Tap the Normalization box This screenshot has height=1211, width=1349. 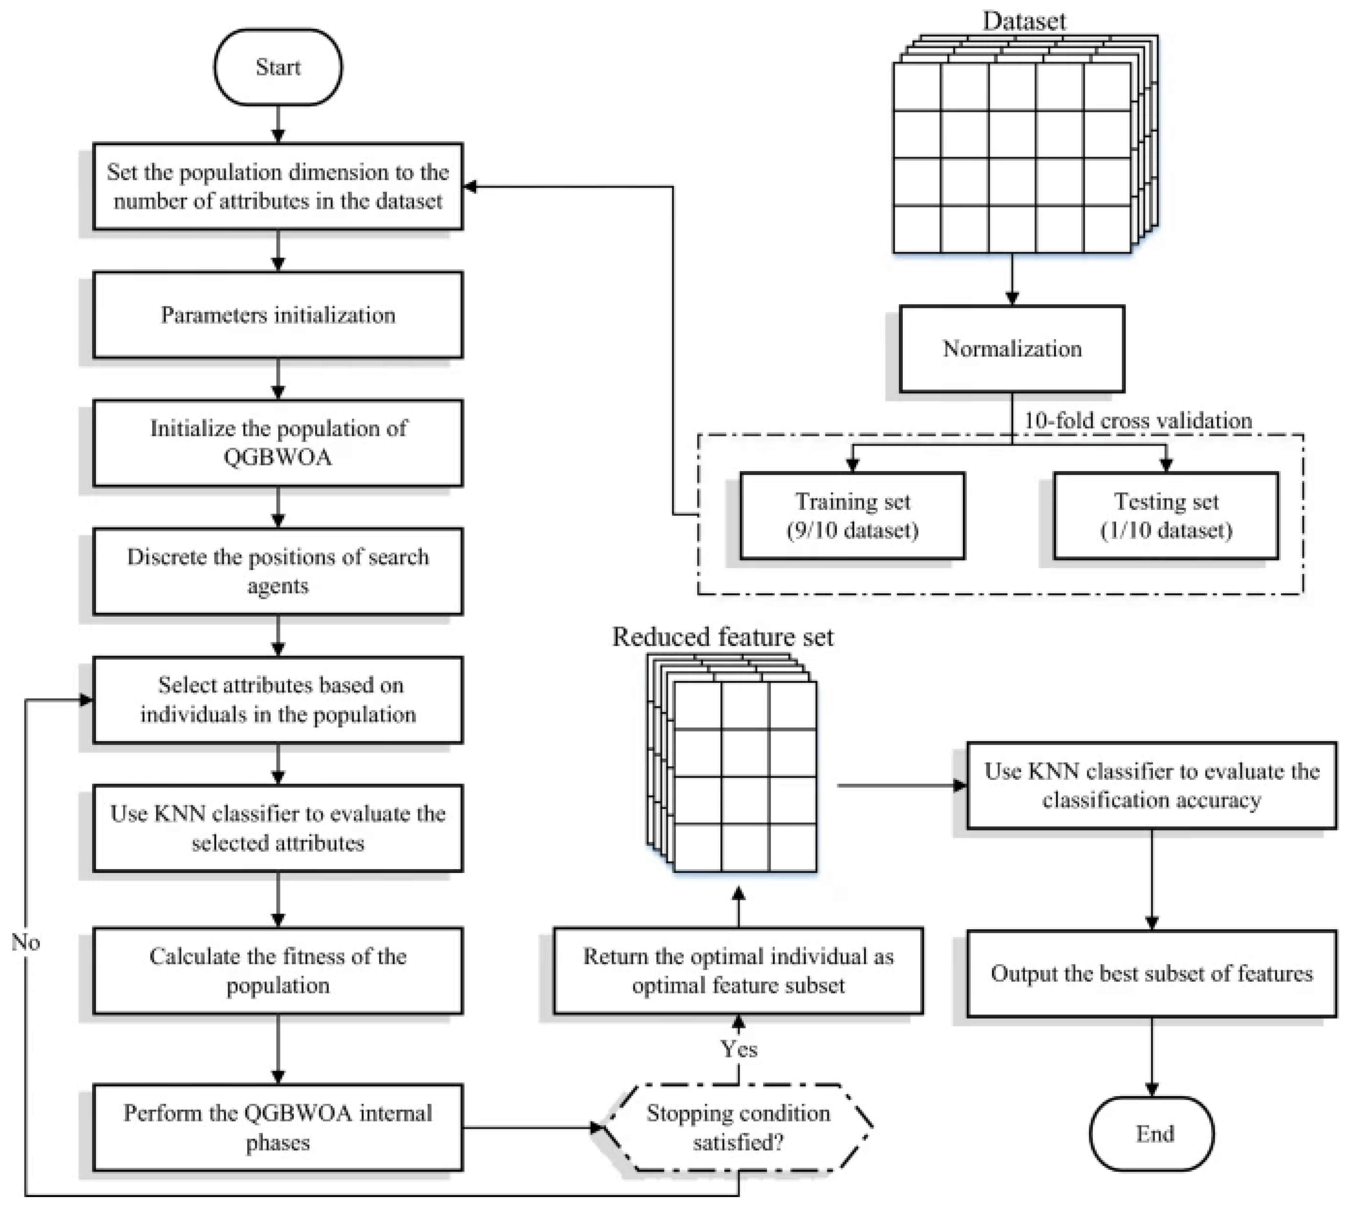1012,349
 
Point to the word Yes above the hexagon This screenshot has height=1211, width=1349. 739,1049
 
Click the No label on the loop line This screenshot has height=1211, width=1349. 25,942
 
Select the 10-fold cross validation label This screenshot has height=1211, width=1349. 1137,421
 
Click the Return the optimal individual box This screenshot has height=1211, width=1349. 738,970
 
